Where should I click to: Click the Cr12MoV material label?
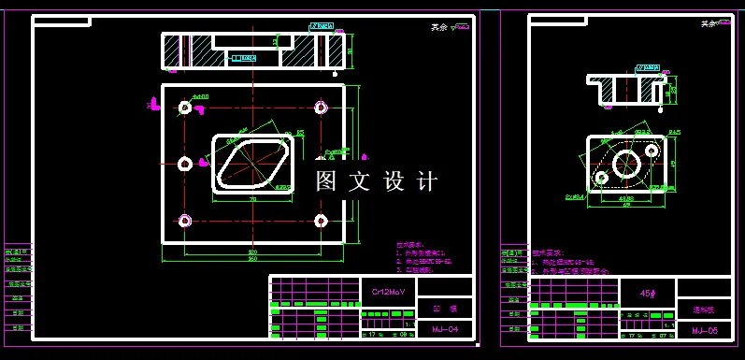[x=387, y=292]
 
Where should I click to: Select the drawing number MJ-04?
[x=445, y=329]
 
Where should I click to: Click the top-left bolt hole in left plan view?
[x=185, y=108]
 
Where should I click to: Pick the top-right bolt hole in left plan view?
[x=322, y=108]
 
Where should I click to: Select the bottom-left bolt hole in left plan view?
[x=185, y=221]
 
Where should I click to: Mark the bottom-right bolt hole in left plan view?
[x=322, y=221]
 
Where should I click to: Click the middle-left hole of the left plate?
[x=185, y=165]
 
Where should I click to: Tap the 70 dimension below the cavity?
[x=252, y=199]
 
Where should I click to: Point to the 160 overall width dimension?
[x=252, y=259]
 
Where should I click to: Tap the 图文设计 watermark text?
[x=376, y=181]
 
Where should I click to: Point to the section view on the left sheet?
[x=252, y=50]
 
